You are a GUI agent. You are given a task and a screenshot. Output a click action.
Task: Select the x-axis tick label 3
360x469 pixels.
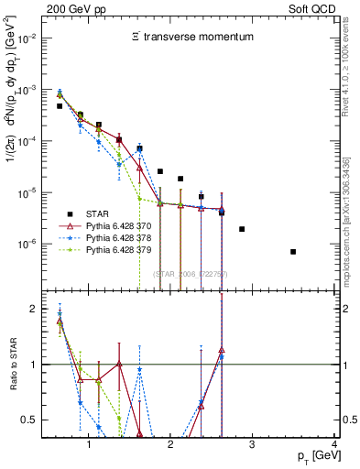point(253,446)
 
